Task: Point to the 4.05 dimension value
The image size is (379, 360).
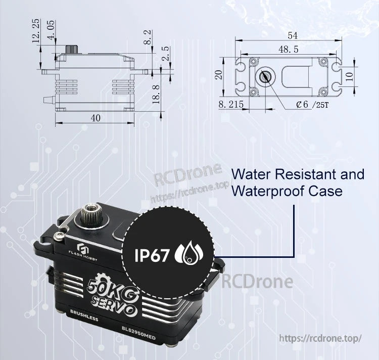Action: tap(51, 31)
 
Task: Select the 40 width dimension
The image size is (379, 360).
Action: tap(96, 117)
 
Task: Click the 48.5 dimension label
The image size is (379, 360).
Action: tap(288, 50)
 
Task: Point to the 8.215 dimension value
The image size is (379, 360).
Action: tap(231, 104)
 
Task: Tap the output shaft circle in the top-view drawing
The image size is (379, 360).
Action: tap(264, 77)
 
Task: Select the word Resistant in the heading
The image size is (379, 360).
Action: tap(301, 175)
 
